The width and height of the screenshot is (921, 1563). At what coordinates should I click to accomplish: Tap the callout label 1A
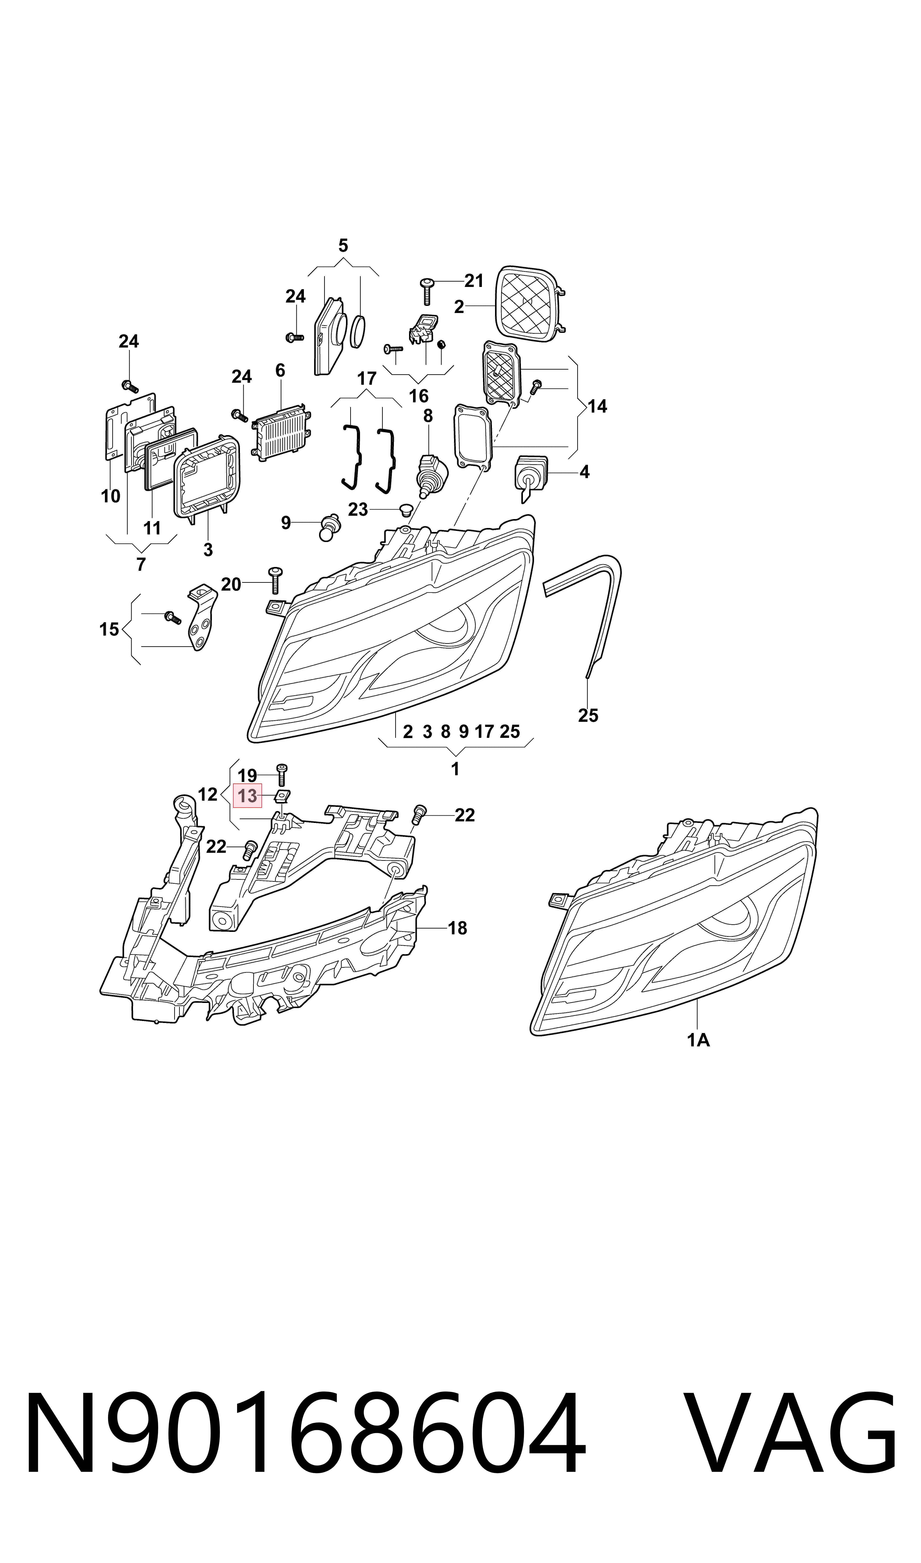[698, 1040]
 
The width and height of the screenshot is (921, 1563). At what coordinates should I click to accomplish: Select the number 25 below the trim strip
[588, 715]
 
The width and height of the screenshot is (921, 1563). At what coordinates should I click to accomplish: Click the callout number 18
[457, 928]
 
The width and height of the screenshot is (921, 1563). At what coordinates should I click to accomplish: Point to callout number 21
[474, 281]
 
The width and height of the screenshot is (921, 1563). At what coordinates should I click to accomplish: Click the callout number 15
[109, 630]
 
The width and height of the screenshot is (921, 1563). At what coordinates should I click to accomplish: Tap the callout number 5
[343, 246]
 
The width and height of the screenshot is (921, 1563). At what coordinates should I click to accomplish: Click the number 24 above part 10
[129, 341]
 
